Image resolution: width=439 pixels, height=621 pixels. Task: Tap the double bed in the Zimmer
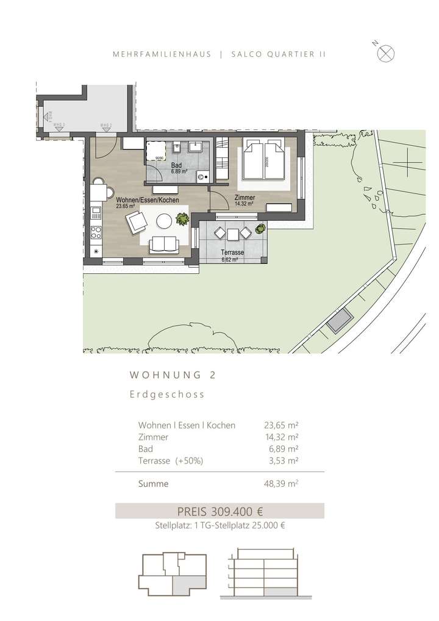coord(265,160)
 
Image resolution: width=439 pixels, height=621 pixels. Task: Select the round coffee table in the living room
coord(165,220)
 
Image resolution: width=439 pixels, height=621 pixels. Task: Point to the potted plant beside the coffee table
coord(181,218)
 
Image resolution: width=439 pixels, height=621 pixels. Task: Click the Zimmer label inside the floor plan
coord(244,198)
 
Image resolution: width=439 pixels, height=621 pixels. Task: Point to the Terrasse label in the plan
coord(233,252)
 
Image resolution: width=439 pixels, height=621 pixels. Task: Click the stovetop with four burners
coord(95,232)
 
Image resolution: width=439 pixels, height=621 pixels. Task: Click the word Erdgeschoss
coord(166,395)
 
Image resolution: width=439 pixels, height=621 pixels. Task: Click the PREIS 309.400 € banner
coord(220,511)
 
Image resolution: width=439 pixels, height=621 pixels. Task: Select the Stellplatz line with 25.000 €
coord(220,526)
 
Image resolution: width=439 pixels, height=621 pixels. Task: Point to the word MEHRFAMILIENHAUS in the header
coord(162,54)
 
